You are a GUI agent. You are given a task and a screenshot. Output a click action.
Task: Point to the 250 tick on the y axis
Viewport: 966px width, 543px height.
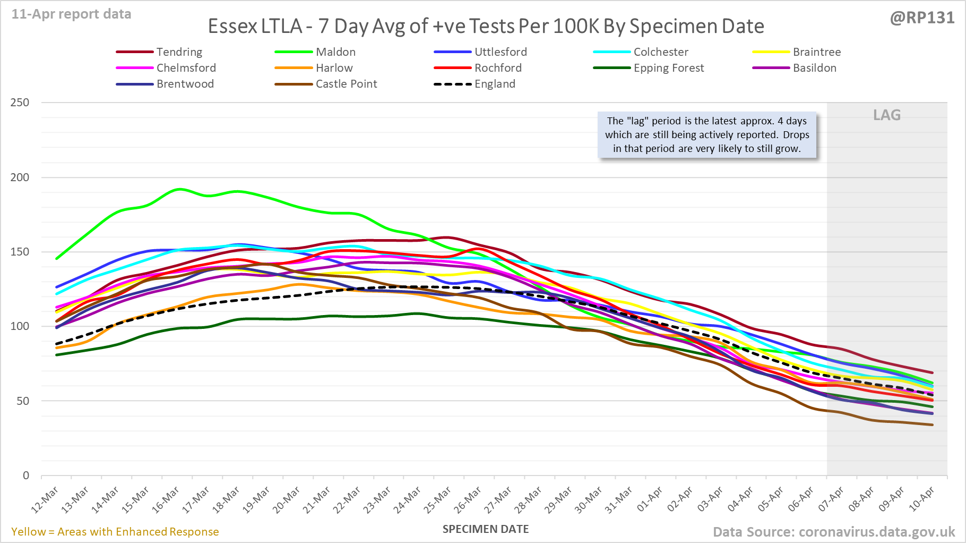[x=20, y=103]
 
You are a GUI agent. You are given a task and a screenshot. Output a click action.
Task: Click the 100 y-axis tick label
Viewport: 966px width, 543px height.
[x=20, y=326]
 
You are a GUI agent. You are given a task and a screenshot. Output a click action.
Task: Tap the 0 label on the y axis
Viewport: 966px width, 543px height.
[x=25, y=476]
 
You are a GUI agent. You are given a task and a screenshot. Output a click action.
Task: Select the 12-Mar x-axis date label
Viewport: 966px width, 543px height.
[x=45, y=500]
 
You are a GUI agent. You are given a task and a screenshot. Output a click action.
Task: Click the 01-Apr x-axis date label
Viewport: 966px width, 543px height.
[x=650, y=500]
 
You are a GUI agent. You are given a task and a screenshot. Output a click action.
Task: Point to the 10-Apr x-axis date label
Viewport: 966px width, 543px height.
[x=921, y=500]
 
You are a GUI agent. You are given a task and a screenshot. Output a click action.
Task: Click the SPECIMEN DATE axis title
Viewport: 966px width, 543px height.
[x=486, y=529]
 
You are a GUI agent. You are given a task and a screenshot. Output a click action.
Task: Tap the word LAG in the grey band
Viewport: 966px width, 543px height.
[x=887, y=115]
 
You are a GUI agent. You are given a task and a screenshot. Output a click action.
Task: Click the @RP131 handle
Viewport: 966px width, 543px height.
[x=922, y=18]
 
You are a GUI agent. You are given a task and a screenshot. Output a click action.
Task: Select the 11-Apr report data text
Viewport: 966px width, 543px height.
[x=72, y=14]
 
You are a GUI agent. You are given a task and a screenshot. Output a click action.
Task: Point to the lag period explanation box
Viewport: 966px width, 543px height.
[x=707, y=135]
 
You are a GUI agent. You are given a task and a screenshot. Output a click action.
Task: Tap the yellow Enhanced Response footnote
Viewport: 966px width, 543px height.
[x=115, y=532]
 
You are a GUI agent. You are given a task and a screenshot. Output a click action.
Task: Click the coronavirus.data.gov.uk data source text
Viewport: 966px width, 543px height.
[x=876, y=532]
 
